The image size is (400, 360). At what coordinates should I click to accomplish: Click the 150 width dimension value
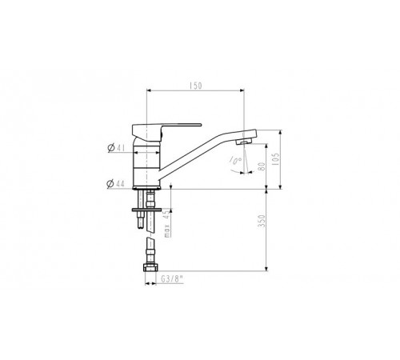196,86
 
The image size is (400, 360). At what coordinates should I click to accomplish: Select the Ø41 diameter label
116,147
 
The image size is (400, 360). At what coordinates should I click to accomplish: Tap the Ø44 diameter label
115,184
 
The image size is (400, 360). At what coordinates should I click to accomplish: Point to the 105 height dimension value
277,159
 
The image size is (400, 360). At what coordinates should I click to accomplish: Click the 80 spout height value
262,166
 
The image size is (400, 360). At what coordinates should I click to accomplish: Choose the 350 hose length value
262,221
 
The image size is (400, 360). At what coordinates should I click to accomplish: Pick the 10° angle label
235,161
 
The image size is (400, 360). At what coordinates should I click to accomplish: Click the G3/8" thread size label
172,279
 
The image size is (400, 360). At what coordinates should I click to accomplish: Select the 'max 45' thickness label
166,223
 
